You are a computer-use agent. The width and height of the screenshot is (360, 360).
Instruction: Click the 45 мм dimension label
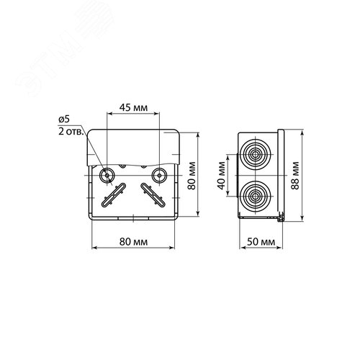pyautogui.click(x=133, y=108)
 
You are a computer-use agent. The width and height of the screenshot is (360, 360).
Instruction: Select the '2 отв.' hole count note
pyautogui.click(x=71, y=132)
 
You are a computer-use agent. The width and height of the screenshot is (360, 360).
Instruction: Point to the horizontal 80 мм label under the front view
pyautogui.click(x=133, y=242)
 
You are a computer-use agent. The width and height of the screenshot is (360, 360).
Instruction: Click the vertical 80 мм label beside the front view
pyautogui.click(x=192, y=176)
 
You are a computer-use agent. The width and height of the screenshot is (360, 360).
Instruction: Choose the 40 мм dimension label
pyautogui.click(x=222, y=176)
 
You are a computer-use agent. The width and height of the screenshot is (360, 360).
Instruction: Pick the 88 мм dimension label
pyautogui.click(x=295, y=176)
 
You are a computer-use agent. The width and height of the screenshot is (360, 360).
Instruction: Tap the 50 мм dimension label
pyautogui.click(x=261, y=242)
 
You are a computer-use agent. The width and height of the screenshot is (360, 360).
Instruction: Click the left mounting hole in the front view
pyautogui.click(x=107, y=175)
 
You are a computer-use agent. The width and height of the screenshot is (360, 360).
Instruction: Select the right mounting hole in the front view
pyautogui.click(x=159, y=175)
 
